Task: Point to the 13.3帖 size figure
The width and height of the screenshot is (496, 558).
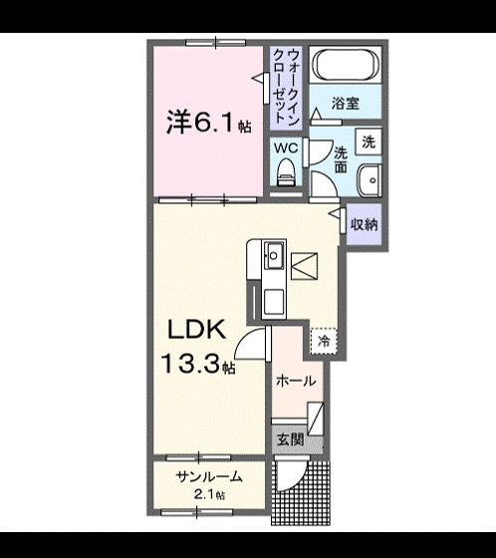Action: (200, 365)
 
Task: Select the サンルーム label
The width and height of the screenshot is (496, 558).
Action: (204, 477)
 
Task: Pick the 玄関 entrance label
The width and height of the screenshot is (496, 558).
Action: (288, 439)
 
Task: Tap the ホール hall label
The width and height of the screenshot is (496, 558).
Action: (296, 381)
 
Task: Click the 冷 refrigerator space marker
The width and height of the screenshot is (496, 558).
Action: (324, 340)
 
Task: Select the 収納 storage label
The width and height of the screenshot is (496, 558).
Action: (364, 224)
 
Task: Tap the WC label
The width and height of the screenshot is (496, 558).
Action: (286, 147)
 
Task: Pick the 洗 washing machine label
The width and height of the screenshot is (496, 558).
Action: (368, 140)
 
